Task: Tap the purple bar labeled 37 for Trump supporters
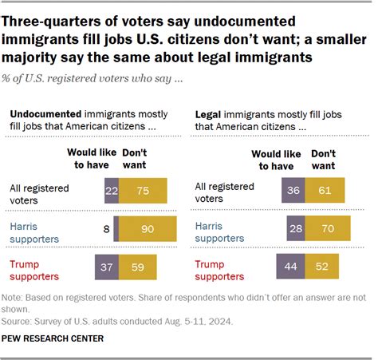[107, 266]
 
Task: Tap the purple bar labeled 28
[296, 229]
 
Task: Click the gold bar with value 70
[328, 229]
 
